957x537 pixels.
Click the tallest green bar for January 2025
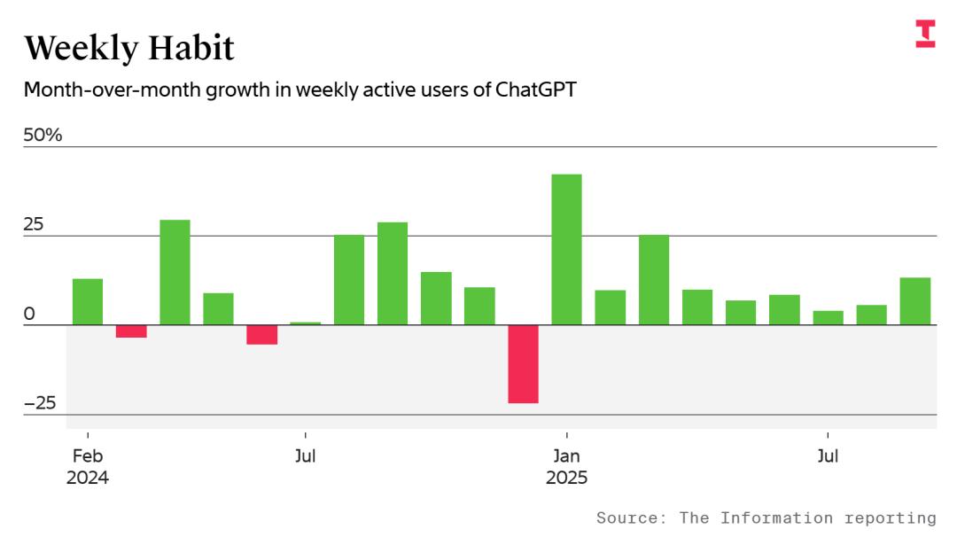click(566, 249)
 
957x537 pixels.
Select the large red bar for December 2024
click(523, 364)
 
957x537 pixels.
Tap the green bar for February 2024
click(88, 302)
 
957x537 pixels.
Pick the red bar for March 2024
click(131, 331)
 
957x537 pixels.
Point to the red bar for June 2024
click(261, 335)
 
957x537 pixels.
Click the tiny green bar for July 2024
click(305, 323)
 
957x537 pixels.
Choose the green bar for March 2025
click(654, 280)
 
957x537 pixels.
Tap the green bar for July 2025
click(828, 318)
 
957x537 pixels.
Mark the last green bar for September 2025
click(914, 301)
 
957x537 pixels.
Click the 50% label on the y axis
click(43, 136)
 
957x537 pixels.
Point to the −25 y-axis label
click(40, 403)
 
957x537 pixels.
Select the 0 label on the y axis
click(29, 314)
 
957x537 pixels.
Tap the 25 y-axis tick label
click(34, 225)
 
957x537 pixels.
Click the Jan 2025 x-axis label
click(566, 467)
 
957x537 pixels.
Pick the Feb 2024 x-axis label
click(88, 467)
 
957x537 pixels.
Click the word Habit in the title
click(186, 48)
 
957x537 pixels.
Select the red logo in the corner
click(925, 34)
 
